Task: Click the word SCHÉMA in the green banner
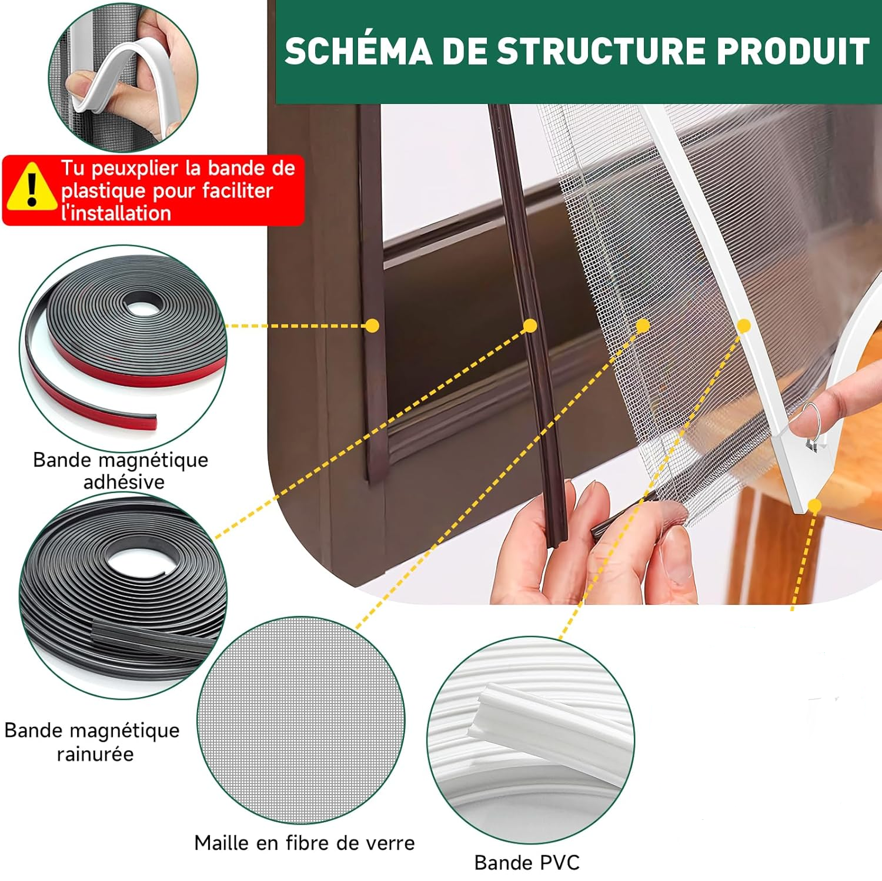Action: [359, 51]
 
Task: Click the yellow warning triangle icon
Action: [32, 187]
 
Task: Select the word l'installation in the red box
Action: [116, 213]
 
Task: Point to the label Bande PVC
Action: [527, 862]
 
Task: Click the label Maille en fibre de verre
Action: [305, 843]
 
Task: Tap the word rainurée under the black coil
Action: [95, 753]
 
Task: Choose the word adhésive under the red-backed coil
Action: [123, 482]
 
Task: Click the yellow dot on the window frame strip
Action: [372, 326]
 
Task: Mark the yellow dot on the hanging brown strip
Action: [530, 326]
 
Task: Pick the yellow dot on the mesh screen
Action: [643, 326]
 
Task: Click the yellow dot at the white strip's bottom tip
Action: [814, 505]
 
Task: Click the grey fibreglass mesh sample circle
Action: [301, 720]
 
